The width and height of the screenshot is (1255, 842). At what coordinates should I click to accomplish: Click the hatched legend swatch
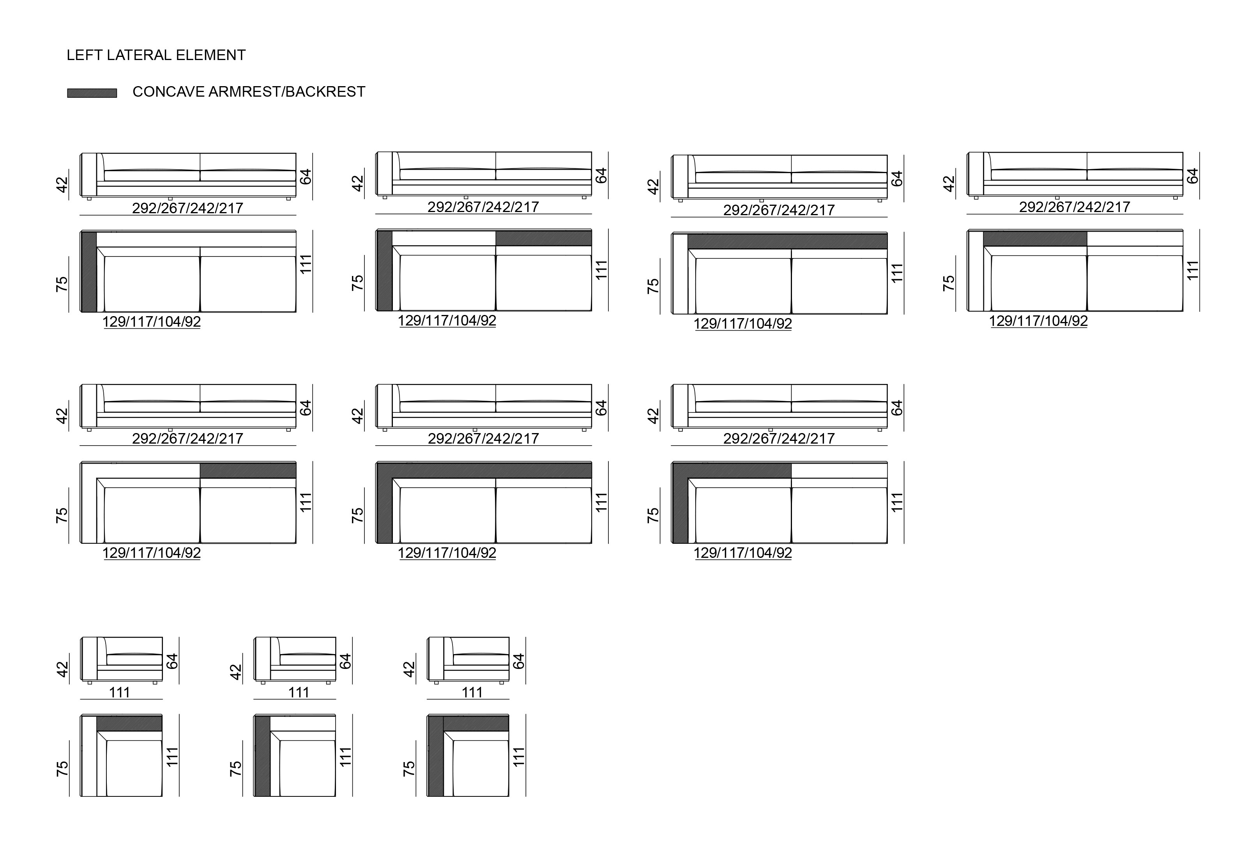click(92, 93)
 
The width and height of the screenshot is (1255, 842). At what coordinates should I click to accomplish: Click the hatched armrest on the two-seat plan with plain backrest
click(88, 272)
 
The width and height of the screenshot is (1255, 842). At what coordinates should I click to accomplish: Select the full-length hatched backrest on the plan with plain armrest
click(787, 242)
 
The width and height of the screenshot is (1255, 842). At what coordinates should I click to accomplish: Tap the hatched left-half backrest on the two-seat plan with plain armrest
click(1035, 239)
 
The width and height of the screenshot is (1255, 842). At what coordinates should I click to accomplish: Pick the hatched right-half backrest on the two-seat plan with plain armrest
click(248, 471)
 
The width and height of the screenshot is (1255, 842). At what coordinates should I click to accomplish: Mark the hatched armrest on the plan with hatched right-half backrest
click(384, 271)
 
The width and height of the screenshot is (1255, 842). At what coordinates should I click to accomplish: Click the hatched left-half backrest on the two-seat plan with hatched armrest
click(740, 471)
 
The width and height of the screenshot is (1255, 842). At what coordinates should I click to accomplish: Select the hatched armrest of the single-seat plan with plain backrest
click(262, 755)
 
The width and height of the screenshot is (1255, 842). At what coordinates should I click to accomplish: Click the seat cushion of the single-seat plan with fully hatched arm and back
click(481, 768)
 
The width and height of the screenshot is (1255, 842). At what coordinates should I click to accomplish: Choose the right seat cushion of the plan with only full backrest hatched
click(840, 286)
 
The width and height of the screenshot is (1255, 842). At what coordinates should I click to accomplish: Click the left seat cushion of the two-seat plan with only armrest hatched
click(152, 284)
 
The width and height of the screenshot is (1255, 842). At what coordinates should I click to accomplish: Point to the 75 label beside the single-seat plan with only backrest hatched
click(62, 768)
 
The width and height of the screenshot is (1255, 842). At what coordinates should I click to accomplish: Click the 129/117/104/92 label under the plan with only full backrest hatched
click(743, 324)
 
